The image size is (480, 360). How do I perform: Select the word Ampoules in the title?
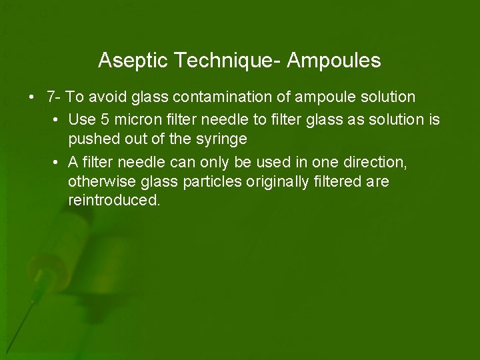pyautogui.click(x=334, y=61)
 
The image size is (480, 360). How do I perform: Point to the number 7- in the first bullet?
pyautogui.click(x=54, y=97)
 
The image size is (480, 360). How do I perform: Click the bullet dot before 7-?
pyautogui.click(x=32, y=97)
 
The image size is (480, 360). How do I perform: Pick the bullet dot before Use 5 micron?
pyautogui.click(x=55, y=120)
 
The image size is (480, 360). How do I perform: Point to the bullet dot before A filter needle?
pyautogui.click(x=55, y=163)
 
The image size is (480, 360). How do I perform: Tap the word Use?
pyautogui.click(x=81, y=120)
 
